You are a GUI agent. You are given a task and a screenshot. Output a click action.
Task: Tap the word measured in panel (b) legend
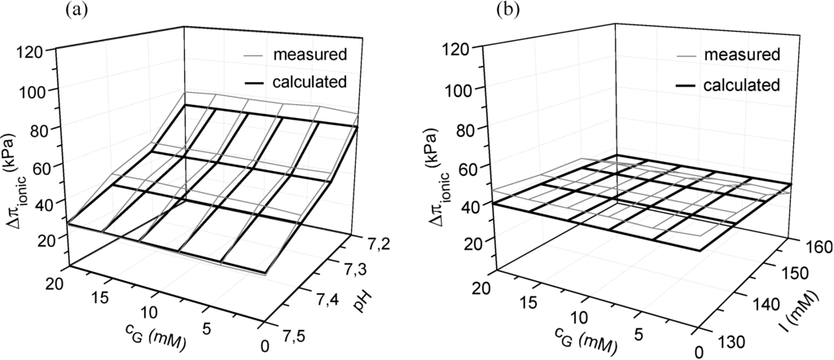[x=742, y=55]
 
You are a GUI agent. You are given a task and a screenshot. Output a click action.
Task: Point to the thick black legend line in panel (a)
[x=261, y=81]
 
